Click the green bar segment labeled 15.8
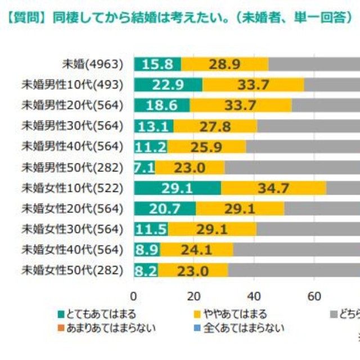(157, 64)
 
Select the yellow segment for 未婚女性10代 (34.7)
(273, 188)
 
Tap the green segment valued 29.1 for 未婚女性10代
(177, 188)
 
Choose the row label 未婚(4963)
(93, 64)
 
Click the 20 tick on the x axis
(194, 296)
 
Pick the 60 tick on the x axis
(314, 296)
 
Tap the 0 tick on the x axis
(134, 296)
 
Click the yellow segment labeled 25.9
(206, 147)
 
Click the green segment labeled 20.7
(164, 209)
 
